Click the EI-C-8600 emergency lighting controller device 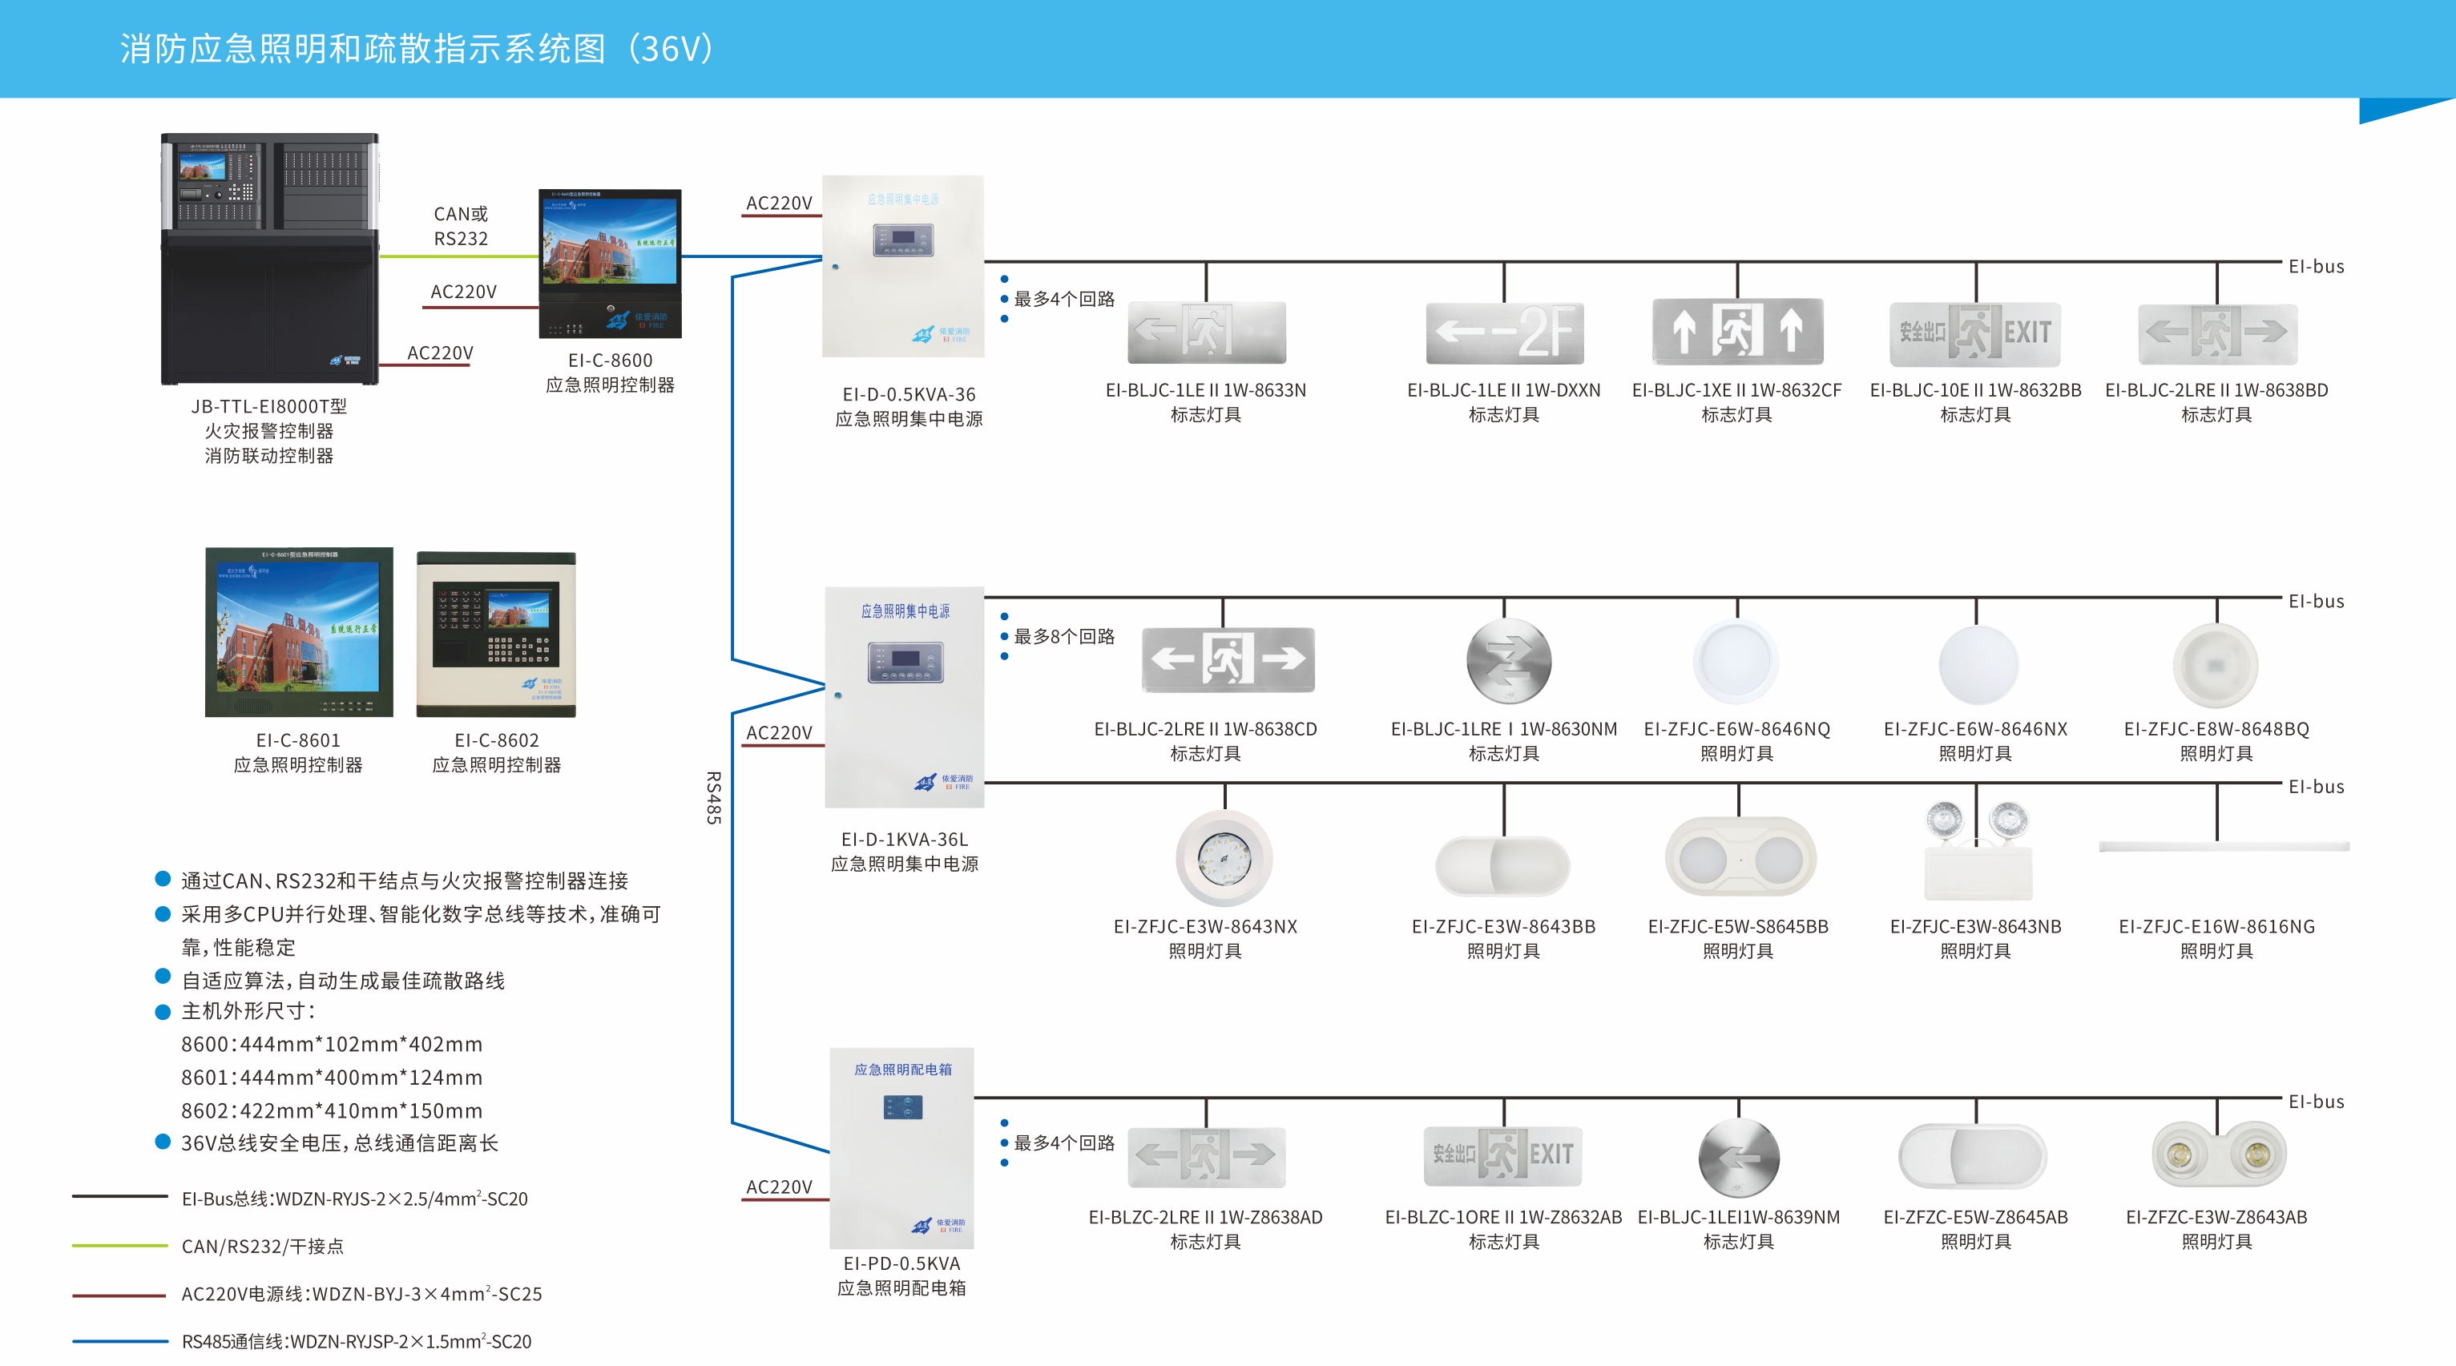pos(610,263)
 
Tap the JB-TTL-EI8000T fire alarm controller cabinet pos(270,258)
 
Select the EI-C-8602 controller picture pos(496,634)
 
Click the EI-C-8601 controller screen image pos(298,632)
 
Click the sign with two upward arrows pos(1737,331)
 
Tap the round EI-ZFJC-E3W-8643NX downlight pos(1224,858)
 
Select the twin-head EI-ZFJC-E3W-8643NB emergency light pos(1978,852)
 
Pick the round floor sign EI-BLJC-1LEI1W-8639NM pos(1738,1157)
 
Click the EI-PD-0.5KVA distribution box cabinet pos(901,1148)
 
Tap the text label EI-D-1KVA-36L pos(904,840)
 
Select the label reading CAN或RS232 pos(461,226)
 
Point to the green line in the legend pos(120,1245)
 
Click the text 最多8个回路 pos(1063,636)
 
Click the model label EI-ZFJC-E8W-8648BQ pos(2216,729)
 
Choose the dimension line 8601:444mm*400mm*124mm pos(332,1077)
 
